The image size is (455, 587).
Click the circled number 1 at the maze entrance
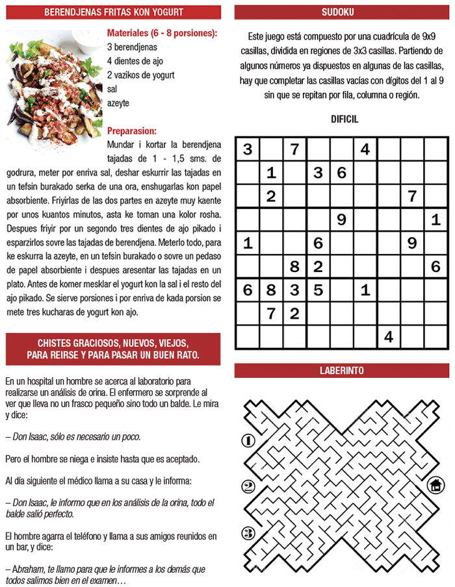248,441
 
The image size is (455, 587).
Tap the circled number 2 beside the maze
248,487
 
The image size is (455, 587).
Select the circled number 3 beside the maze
248,534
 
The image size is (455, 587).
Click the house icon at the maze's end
435,485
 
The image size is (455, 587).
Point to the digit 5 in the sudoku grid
318,290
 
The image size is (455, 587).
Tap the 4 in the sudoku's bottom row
389,336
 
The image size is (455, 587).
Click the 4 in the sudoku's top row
365,150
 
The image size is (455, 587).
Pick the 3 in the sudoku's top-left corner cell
248,150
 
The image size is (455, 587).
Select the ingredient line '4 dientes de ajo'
136,61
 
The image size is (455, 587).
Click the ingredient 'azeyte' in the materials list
118,103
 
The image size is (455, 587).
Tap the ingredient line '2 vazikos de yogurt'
140,75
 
